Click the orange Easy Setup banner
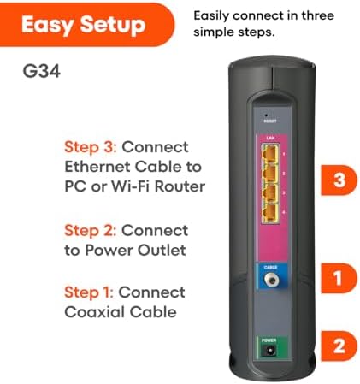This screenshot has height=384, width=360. point(83,25)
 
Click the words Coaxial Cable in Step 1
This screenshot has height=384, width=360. point(121,312)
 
